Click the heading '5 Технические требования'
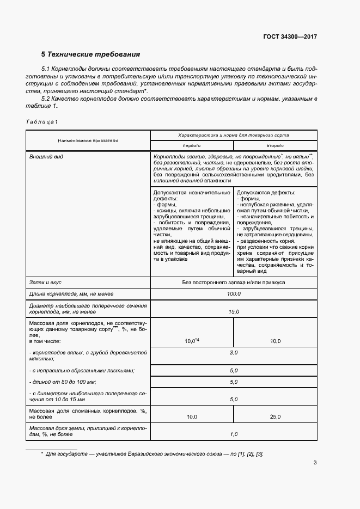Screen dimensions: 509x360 click(91, 54)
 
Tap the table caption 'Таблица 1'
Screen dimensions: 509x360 click(41, 121)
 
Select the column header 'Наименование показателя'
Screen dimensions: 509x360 click(88, 140)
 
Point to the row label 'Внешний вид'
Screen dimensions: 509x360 click(46, 157)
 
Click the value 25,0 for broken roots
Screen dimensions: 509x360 click(275, 417)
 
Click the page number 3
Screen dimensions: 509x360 click(315, 463)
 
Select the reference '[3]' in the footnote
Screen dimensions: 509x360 click(259, 454)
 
